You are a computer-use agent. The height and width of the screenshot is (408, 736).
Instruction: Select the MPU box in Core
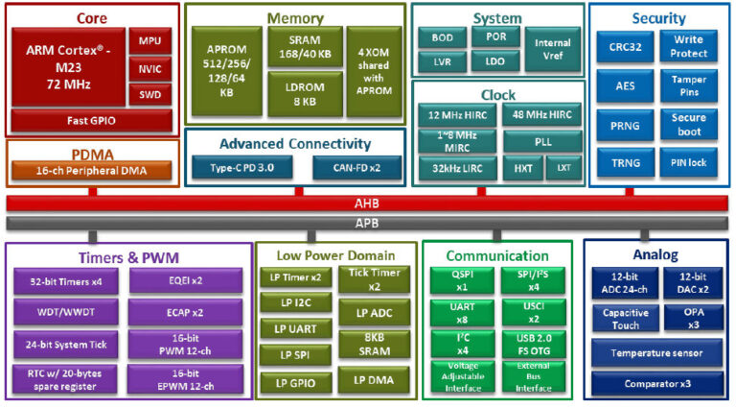click(x=149, y=40)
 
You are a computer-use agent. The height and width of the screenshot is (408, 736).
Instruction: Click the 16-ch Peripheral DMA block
click(x=92, y=172)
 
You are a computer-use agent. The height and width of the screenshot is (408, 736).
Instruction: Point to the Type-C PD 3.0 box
click(x=242, y=167)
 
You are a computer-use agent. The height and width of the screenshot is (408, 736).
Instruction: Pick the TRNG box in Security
click(x=619, y=162)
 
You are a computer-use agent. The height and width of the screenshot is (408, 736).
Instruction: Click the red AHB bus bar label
click(x=368, y=204)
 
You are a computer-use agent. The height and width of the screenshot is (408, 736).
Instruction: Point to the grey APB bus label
click(x=368, y=224)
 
